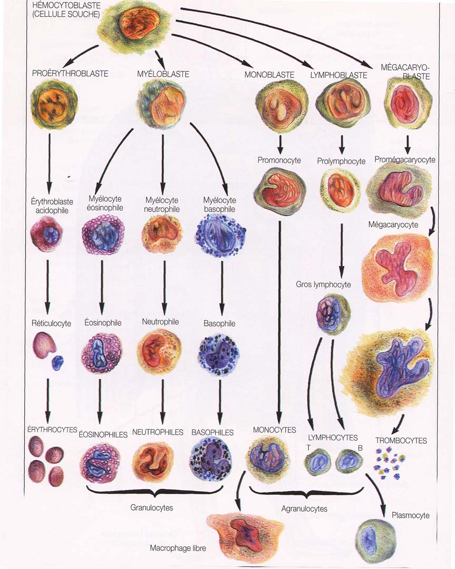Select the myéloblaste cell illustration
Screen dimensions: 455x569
[x=162, y=103]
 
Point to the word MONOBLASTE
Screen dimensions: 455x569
[x=269, y=75]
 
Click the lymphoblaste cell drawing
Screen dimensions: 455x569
[x=338, y=104]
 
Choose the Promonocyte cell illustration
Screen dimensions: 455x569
[x=280, y=188]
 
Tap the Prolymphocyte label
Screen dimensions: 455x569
[x=341, y=161]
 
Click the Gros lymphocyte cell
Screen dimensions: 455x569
[x=332, y=314]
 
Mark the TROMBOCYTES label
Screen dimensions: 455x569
[x=401, y=440]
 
